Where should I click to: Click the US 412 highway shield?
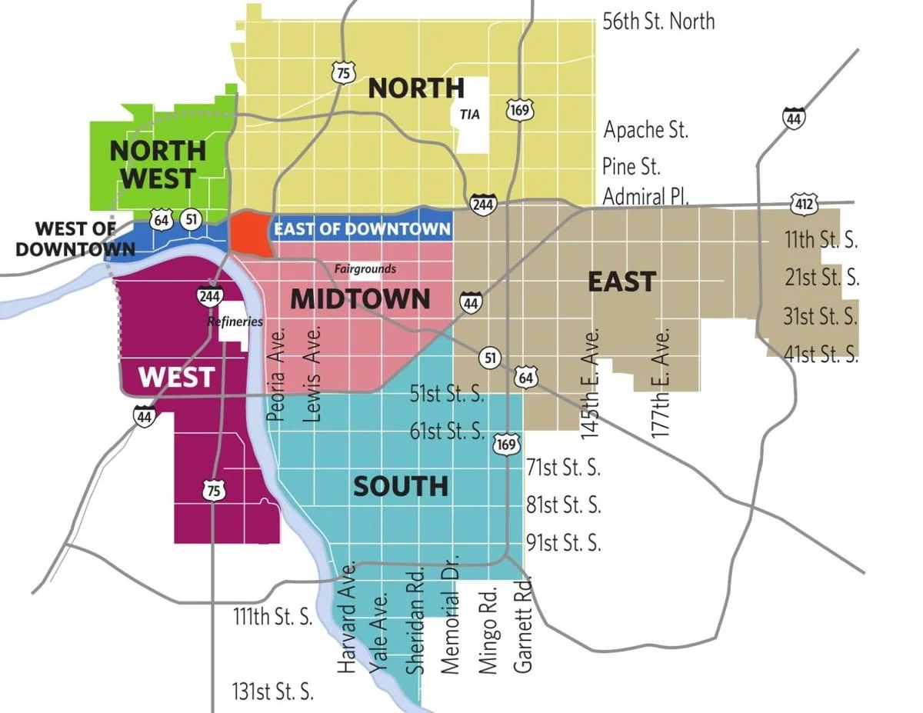pos(803,205)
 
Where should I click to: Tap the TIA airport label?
pos(469,114)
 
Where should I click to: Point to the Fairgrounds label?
pos(365,268)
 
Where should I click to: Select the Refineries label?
pos(235,322)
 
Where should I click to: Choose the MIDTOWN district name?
pos(360,298)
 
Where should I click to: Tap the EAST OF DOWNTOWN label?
pos(362,228)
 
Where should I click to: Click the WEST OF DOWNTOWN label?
pos(65,238)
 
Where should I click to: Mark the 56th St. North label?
pos(658,21)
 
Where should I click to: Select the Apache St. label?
pos(645,129)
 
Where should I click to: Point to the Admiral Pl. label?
pos(645,196)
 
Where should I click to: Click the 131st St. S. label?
pos(273,691)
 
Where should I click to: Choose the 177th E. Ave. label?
pos(661,382)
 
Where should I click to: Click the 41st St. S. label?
pos(821,354)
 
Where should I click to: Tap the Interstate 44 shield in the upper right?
pos(794,118)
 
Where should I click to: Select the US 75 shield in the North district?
pos(343,72)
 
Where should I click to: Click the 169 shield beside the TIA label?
pos(519,111)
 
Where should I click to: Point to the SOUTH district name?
pos(400,486)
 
